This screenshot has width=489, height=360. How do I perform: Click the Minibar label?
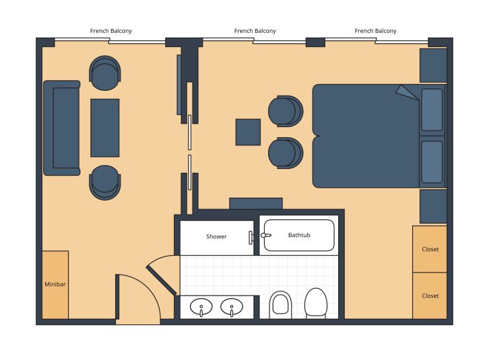pos(55,285)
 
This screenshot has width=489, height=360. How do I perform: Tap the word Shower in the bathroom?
pos(216,237)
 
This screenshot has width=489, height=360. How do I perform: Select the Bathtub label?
pos(300,236)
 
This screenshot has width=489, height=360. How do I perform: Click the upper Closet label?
pos(430,250)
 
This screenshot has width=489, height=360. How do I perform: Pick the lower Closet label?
pos(430,296)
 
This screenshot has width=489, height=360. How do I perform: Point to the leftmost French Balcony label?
pos(110,31)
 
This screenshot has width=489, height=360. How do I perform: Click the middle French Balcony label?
pos(255,31)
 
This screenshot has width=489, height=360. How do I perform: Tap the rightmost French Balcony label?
pos(375,31)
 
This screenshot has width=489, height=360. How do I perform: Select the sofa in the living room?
pos(62,128)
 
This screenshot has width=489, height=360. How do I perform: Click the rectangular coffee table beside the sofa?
pos(105,128)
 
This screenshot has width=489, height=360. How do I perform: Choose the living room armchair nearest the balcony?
pos(105,73)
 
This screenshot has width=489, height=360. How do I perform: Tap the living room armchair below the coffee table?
pos(105,182)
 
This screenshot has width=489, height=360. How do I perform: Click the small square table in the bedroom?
pos(248,132)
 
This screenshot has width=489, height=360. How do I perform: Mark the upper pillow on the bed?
pos(432,110)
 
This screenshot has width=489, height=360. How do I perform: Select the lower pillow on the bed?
pos(432,162)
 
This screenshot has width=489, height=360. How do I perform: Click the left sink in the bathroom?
pos(201,308)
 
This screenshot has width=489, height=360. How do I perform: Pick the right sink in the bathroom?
pos(232,308)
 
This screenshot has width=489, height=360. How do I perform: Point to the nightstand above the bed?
pos(433,65)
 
